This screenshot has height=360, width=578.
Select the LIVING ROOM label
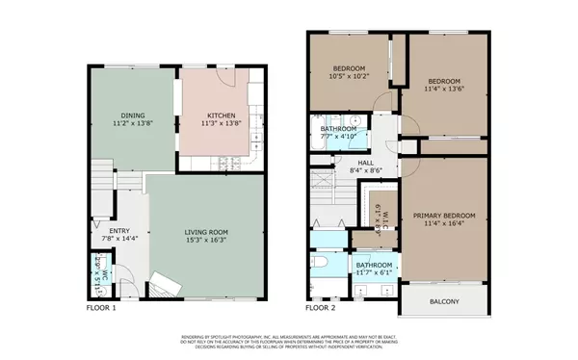click(x=206, y=232)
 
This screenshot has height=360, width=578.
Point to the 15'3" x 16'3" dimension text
click(x=206, y=241)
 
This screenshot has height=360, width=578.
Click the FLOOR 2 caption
click(x=320, y=308)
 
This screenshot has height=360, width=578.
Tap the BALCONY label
click(x=443, y=302)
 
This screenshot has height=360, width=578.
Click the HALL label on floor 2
click(x=366, y=163)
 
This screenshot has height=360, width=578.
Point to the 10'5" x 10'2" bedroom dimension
click(x=349, y=77)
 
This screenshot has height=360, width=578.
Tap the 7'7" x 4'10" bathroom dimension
click(x=337, y=137)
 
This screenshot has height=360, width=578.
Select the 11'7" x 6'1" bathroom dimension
click(x=374, y=273)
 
